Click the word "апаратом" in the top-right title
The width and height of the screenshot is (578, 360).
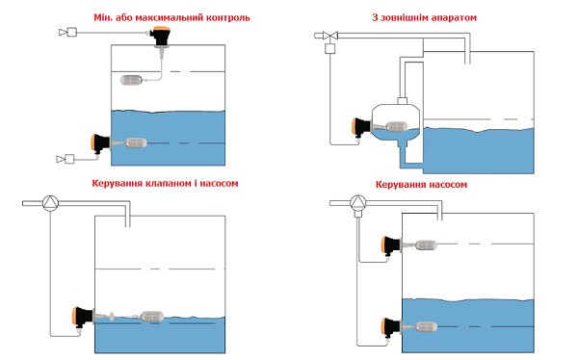pos(453,17)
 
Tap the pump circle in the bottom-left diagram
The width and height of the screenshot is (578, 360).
pos(50,203)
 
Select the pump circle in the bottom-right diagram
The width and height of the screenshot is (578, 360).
pos(357,203)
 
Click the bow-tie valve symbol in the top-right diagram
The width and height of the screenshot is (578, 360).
pos(330,36)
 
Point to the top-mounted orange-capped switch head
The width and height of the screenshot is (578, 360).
pos(161,37)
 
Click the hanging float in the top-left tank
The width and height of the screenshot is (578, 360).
pos(132,80)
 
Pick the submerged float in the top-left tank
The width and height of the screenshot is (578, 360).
pos(136,143)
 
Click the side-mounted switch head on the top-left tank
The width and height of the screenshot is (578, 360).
pos(100,143)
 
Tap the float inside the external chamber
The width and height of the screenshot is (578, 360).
pos(397,126)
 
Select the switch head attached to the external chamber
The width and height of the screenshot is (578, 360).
pos(361,127)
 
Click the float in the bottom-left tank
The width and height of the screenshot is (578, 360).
pos(152,317)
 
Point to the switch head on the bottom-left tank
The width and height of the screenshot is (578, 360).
pos(83,316)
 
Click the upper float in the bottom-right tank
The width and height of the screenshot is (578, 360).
pos(426,245)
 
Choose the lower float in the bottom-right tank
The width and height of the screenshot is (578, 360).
pos(426,326)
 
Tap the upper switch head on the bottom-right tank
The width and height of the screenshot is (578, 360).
pos(391,245)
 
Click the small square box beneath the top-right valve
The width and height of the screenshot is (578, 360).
pos(329,49)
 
